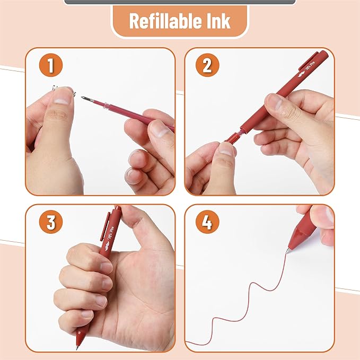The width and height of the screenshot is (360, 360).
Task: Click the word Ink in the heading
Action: coord(218,22)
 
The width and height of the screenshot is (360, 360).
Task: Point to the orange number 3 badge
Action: coord(51,222)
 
